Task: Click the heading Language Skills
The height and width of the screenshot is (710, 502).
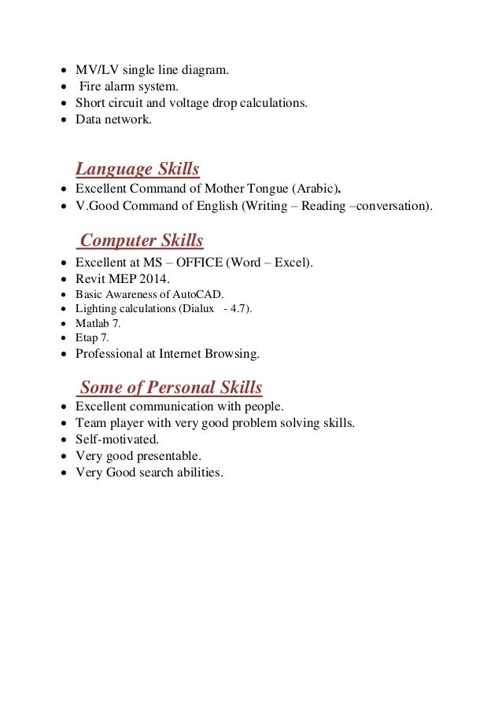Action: [x=137, y=169]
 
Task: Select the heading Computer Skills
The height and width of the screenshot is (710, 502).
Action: [x=142, y=241]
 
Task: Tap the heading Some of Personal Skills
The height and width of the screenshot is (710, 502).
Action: [x=171, y=388]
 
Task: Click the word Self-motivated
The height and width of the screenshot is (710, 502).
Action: [x=117, y=440]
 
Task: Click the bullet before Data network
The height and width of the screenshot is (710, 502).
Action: [x=64, y=120]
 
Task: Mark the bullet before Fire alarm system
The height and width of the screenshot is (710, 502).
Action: [x=64, y=87]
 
